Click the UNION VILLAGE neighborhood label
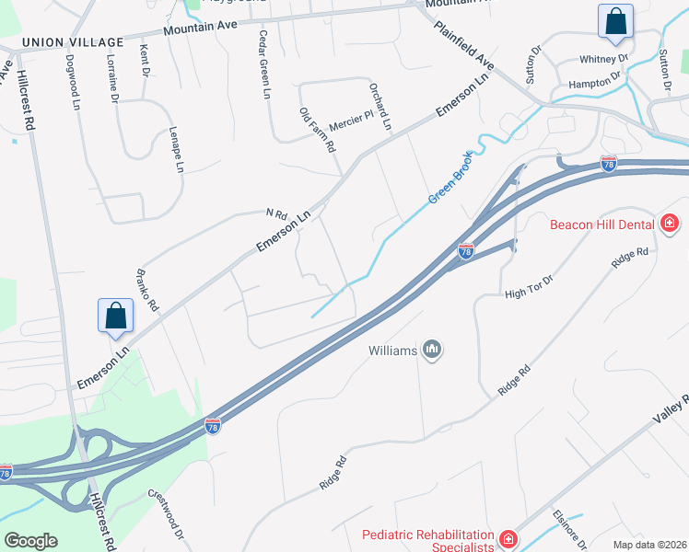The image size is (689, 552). tap(72, 42)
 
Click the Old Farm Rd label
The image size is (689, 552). tap(317, 129)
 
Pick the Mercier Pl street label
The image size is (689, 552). tap(349, 120)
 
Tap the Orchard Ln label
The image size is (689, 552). tap(380, 106)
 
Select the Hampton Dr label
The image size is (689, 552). tap(596, 84)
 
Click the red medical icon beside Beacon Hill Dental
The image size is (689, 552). tap(670, 224)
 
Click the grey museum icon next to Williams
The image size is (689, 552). tap(432, 350)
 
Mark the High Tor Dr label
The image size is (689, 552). tap(528, 288)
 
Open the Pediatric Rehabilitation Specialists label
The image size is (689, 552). tap(428, 541)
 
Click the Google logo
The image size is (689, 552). tap(30, 541)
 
